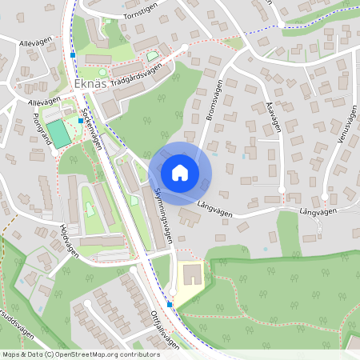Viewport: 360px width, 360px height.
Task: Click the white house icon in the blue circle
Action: click(180, 173)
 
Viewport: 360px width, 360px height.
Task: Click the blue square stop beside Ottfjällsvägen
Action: click(170, 304)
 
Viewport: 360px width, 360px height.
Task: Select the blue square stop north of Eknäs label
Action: click(73, 54)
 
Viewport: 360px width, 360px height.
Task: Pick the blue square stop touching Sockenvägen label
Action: click(80, 120)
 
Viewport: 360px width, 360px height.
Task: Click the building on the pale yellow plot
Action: click(193, 277)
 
